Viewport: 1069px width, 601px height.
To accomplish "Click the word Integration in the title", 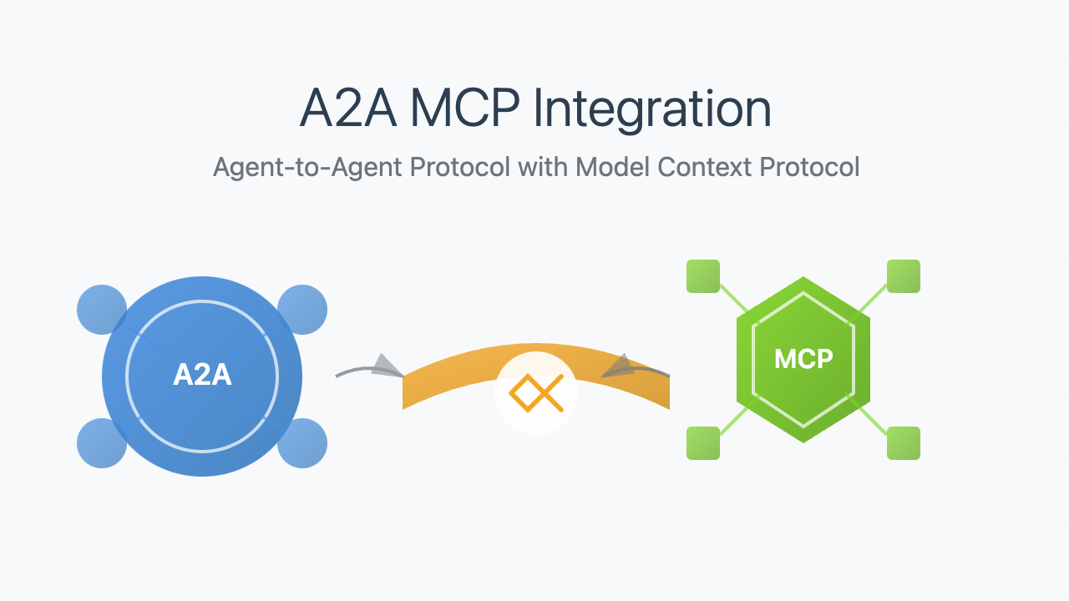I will (652, 110).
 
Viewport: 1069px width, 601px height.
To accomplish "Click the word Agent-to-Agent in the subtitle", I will (307, 167).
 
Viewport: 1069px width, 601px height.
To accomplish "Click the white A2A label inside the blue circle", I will (202, 376).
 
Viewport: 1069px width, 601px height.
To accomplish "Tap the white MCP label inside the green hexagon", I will (803, 359).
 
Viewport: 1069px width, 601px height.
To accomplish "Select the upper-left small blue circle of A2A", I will (100, 310).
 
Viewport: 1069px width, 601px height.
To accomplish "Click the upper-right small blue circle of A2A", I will (303, 310).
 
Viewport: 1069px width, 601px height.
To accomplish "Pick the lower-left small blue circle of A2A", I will (100, 443).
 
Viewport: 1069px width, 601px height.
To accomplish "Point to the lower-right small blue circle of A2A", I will (303, 443).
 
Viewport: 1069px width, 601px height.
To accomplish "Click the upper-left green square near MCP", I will (703, 276).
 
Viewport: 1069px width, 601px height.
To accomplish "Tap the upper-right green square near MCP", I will (904, 276).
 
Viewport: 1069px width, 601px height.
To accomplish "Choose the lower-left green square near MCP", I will (703, 443).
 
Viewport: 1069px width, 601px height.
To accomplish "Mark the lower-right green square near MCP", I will (904, 443).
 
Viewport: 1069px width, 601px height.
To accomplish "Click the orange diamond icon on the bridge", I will (536, 393).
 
